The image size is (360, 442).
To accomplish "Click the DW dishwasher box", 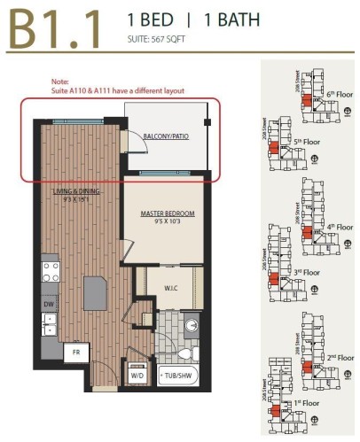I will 49,305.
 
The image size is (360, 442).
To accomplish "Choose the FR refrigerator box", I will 76,352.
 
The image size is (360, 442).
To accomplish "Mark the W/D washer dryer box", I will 137,376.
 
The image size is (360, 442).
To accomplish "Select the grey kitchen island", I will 95,291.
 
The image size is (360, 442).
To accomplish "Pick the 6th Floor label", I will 333,92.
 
